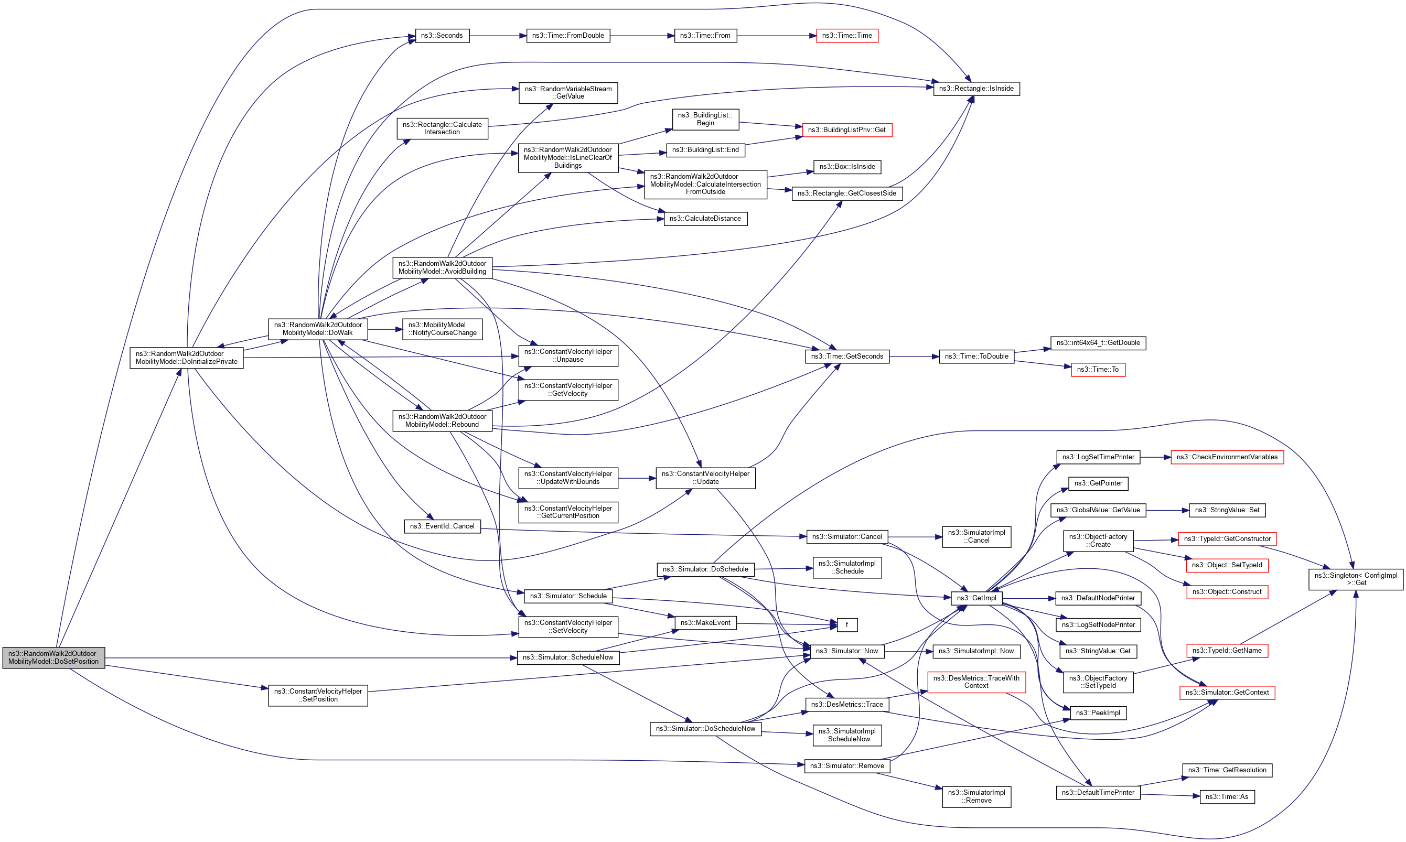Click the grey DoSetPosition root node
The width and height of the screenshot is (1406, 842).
53,657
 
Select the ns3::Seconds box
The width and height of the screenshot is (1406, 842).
442,36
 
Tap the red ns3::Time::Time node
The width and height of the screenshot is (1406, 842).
846,36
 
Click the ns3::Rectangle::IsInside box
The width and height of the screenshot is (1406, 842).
976,89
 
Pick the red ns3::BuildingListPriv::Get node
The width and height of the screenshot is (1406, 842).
846,130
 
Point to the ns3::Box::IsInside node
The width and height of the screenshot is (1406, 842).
846,167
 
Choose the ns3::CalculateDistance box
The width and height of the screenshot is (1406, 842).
705,219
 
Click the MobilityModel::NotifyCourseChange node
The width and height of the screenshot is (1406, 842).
442,329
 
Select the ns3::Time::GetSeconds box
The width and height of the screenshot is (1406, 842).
846,357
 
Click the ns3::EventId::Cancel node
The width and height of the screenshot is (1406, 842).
442,526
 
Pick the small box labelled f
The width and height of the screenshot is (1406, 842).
846,625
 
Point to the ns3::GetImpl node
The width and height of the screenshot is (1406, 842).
976,598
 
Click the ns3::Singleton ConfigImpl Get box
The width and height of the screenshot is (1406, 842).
1356,579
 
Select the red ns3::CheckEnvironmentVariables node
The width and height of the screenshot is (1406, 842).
1227,457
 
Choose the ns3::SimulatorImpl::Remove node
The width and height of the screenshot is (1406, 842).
976,796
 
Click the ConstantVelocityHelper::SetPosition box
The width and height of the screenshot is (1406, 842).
318,695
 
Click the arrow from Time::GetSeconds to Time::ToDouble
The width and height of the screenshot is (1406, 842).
914,357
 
